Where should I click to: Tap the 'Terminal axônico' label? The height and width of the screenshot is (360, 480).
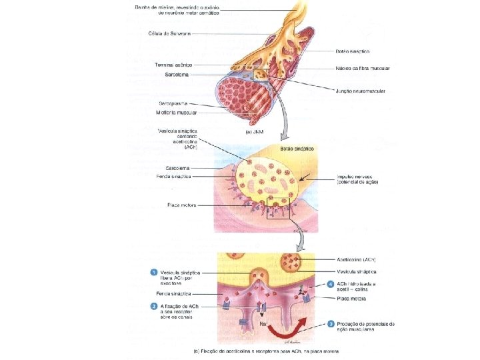[173, 65]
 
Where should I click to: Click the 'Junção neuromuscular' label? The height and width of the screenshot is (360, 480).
[363, 91]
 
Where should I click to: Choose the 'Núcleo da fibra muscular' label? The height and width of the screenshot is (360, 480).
[363, 69]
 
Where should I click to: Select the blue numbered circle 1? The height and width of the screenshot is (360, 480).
[153, 272]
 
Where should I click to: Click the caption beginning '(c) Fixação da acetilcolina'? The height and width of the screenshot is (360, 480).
[267, 351]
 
